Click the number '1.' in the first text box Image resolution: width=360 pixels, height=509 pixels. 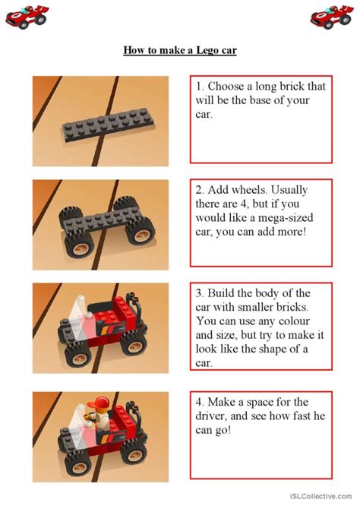[x=201, y=87]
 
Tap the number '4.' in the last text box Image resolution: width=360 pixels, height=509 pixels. [x=201, y=401]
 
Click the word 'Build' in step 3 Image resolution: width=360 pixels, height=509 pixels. [x=224, y=293]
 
